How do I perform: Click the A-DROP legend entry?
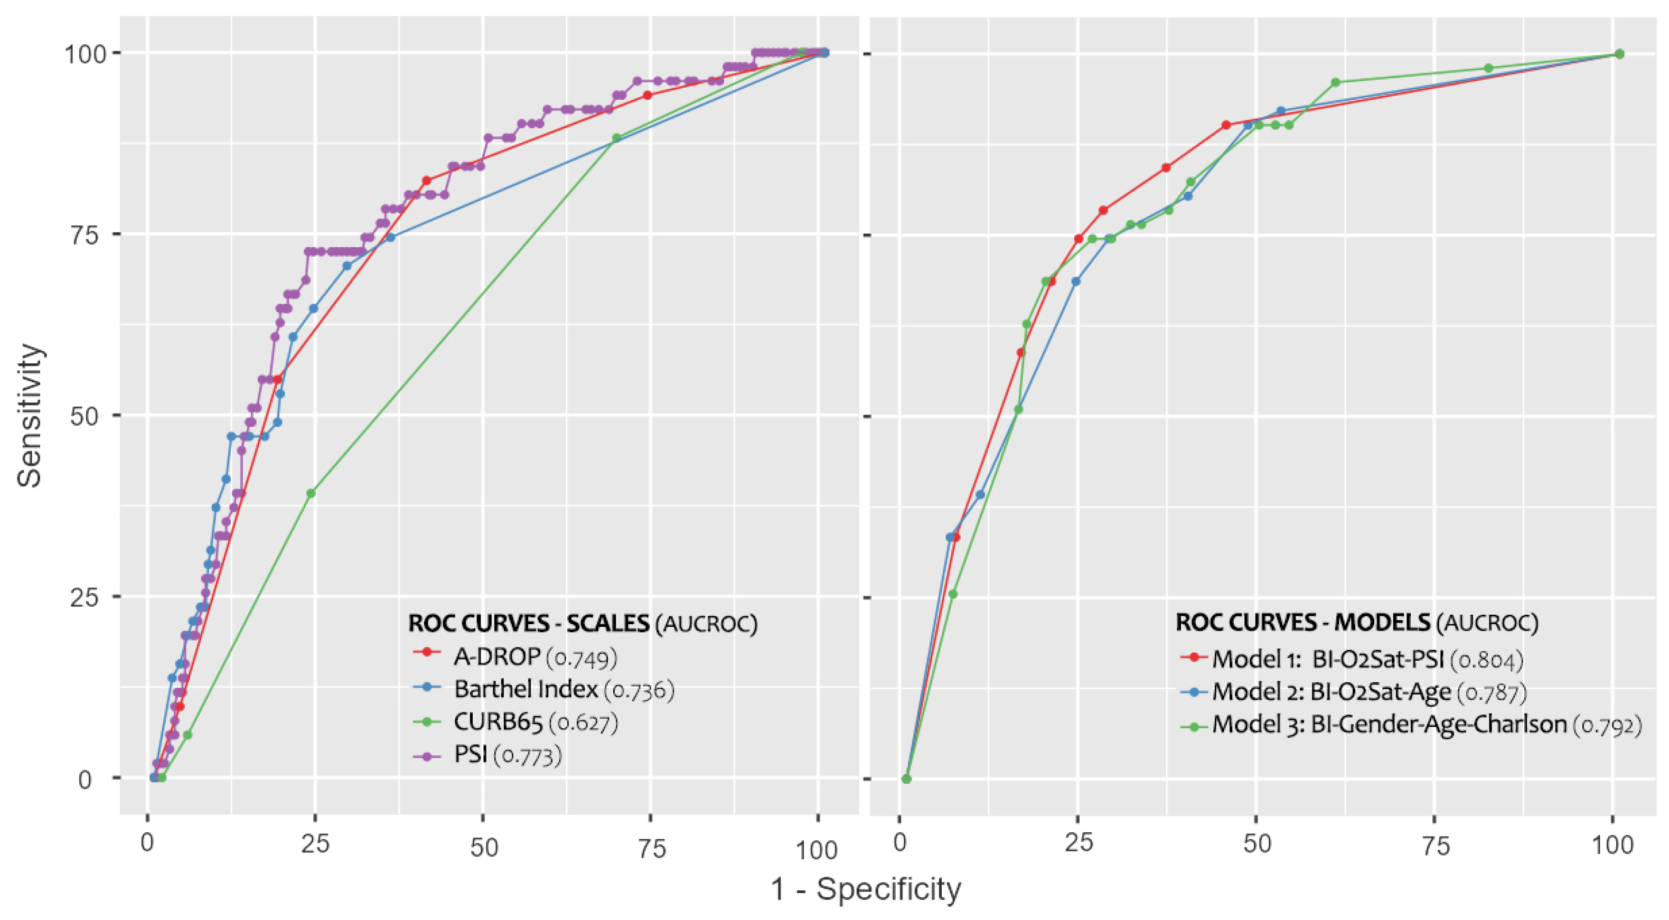(515, 657)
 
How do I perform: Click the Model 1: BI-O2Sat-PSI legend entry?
(1351, 660)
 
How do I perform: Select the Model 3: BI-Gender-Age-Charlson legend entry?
(1410, 725)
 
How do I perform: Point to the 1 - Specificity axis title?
(866, 889)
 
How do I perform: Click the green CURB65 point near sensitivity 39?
(311, 494)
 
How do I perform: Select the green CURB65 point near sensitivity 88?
(616, 138)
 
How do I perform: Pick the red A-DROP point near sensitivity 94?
(647, 95)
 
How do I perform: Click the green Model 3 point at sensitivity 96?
(1335, 82)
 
